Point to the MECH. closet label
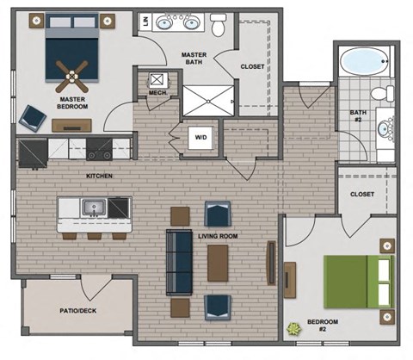pos(157,94)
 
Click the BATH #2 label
pos(359,117)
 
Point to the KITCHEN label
pos(100,177)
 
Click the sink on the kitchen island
pos(93,208)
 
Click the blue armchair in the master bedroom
pos(34,115)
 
